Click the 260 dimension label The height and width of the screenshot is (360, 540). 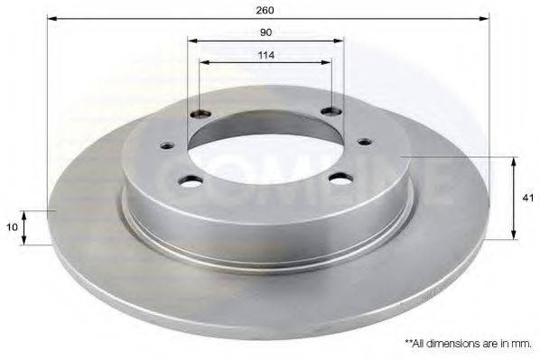click(x=265, y=10)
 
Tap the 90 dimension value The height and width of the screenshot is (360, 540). click(x=265, y=32)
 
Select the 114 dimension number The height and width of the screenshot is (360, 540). click(x=266, y=55)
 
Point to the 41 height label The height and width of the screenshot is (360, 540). click(x=527, y=198)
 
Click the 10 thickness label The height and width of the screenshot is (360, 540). click(x=12, y=227)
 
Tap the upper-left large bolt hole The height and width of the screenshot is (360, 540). click(x=200, y=113)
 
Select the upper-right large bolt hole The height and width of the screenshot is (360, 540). click(x=331, y=111)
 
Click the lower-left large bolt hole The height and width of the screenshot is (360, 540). click(x=191, y=181)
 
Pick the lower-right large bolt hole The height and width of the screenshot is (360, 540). click(x=340, y=179)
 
